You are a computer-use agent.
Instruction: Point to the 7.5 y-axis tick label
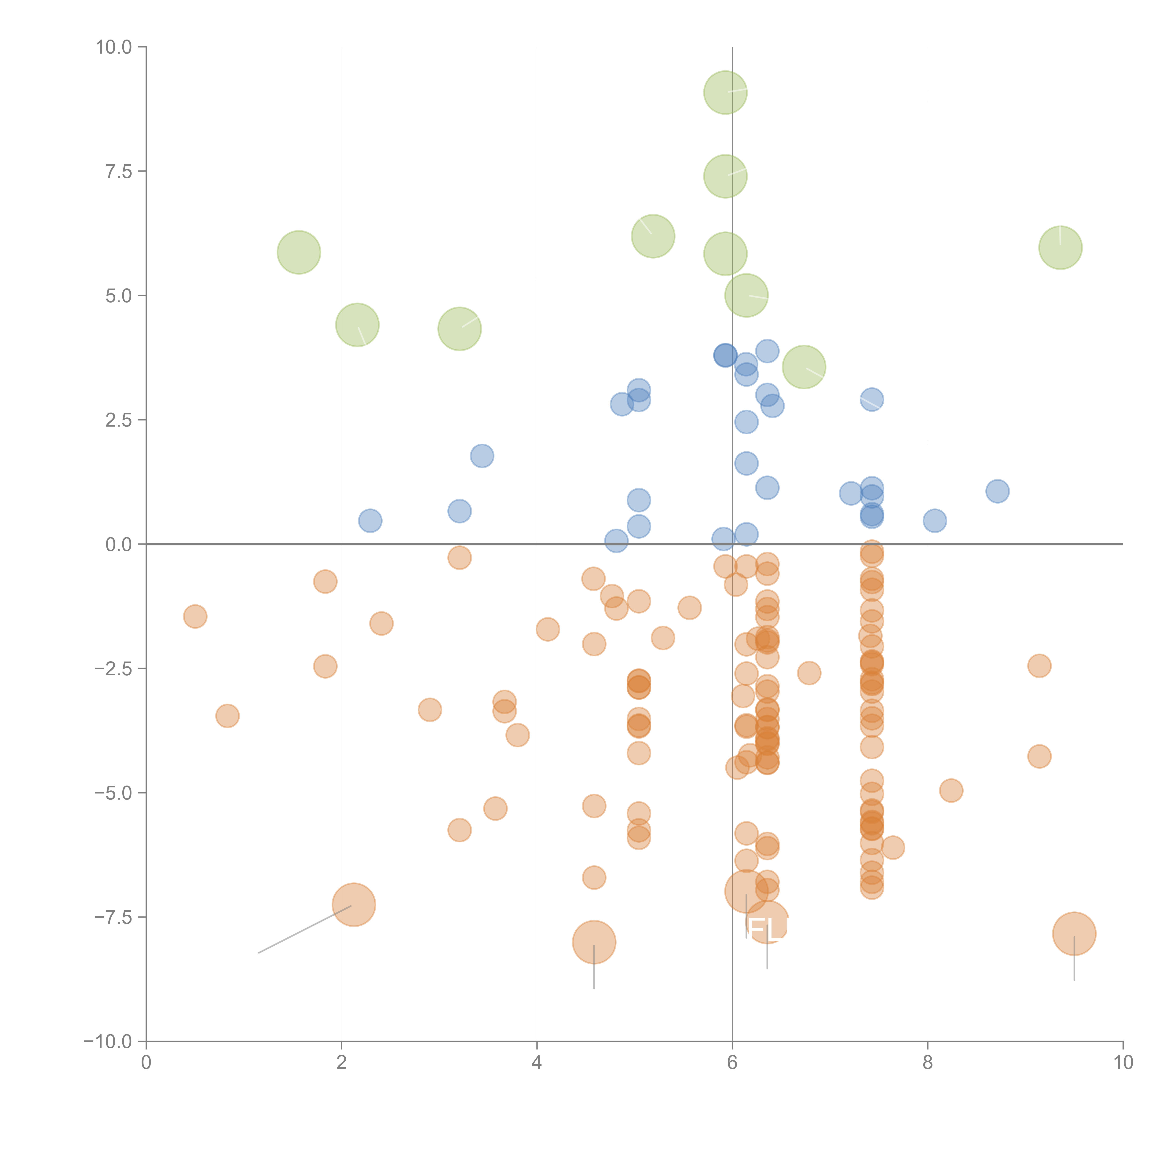119,171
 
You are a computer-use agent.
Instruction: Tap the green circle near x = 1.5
299,252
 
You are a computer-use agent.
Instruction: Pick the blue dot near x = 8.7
997,491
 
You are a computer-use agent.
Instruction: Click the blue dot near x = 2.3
370,521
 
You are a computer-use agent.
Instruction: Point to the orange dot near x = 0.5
195,617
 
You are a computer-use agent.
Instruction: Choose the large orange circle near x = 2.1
354,905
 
